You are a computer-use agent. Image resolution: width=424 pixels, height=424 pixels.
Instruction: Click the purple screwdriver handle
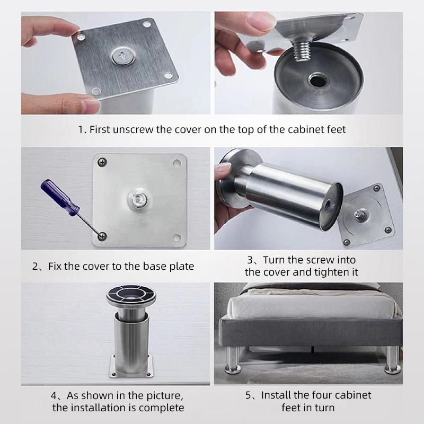click(x=60, y=198)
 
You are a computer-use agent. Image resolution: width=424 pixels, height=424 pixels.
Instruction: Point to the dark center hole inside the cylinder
click(x=317, y=81)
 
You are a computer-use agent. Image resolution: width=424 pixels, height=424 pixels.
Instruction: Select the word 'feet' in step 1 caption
click(x=337, y=129)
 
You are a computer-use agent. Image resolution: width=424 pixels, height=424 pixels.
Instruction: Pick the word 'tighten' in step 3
click(x=329, y=272)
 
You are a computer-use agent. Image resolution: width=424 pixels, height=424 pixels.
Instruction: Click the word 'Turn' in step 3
click(x=274, y=260)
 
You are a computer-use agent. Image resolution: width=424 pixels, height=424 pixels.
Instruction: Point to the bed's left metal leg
click(x=233, y=360)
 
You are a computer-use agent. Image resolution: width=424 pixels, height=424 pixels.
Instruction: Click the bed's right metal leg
click(x=392, y=360)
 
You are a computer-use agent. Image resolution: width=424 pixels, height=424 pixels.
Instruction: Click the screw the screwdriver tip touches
click(x=102, y=236)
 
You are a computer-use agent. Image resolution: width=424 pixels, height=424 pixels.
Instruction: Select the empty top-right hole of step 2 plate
click(x=177, y=163)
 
